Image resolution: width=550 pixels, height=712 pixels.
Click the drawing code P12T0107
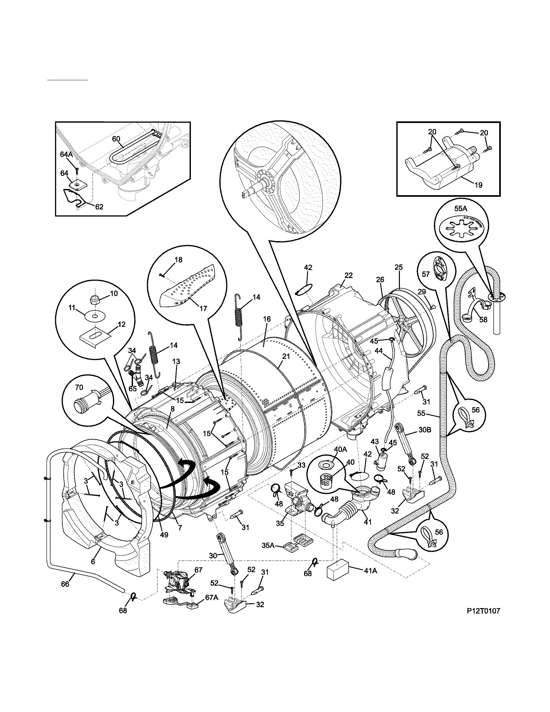483,620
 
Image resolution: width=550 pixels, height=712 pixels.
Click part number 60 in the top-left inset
116,139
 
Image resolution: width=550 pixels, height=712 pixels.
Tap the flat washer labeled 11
95,316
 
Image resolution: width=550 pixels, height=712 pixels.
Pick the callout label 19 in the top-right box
478,185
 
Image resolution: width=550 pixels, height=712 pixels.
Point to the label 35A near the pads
269,545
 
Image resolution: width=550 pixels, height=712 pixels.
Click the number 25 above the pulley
399,267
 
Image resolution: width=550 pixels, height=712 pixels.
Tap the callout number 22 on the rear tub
348,275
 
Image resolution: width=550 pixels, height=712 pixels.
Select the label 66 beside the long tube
65,584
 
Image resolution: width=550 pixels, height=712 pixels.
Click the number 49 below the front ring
164,535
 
